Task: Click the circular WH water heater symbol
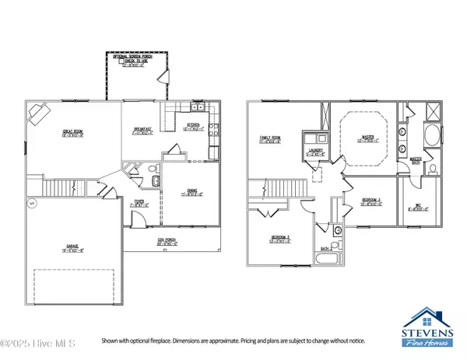(x=32, y=204)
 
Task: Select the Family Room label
(x=270, y=140)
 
